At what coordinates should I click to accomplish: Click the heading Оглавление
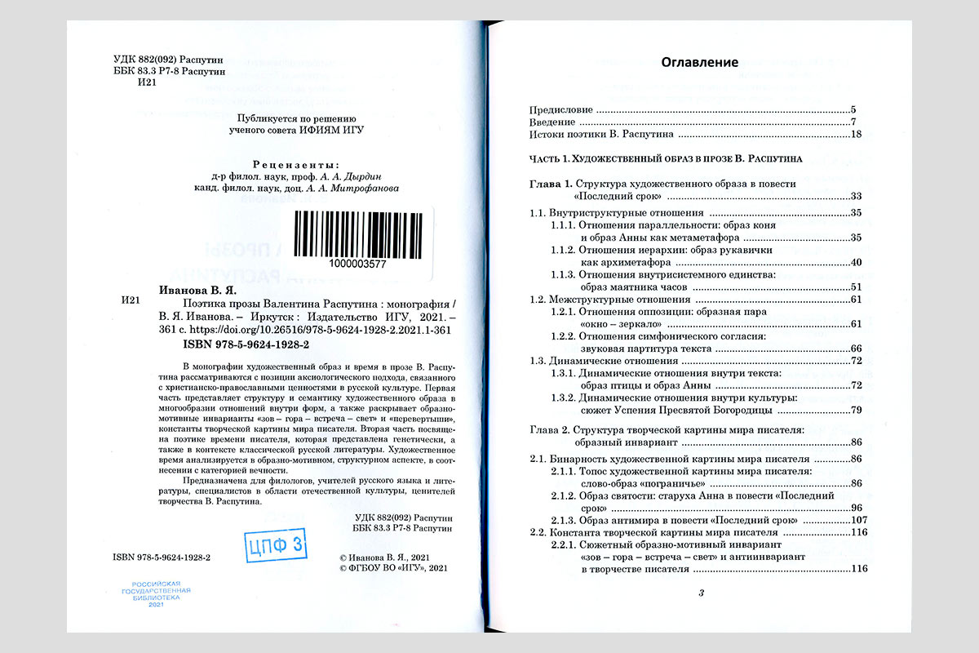[699, 62]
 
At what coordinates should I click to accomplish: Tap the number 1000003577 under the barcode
[355, 264]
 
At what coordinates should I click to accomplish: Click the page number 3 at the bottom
[701, 593]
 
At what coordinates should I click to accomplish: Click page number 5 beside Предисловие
[853, 109]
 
